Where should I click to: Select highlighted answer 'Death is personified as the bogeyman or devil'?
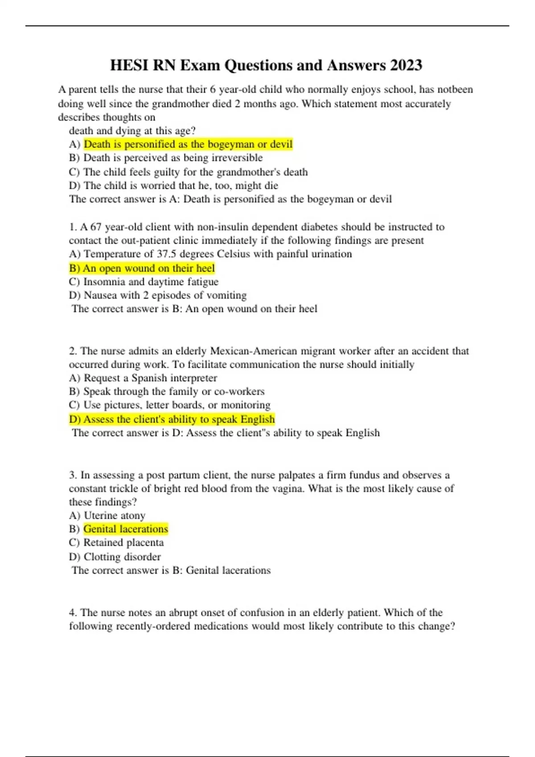click(x=188, y=144)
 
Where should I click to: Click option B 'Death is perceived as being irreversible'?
click(x=173, y=158)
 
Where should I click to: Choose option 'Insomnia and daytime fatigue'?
click(x=151, y=282)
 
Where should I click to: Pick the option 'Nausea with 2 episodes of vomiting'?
click(x=165, y=295)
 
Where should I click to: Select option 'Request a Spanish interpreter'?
click(x=150, y=378)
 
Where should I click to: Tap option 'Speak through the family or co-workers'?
click(x=174, y=391)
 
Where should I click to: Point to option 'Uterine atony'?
click(x=114, y=516)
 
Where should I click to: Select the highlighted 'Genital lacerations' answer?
click(x=126, y=529)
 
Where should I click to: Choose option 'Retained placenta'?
click(x=123, y=542)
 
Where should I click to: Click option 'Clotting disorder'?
click(x=122, y=557)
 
